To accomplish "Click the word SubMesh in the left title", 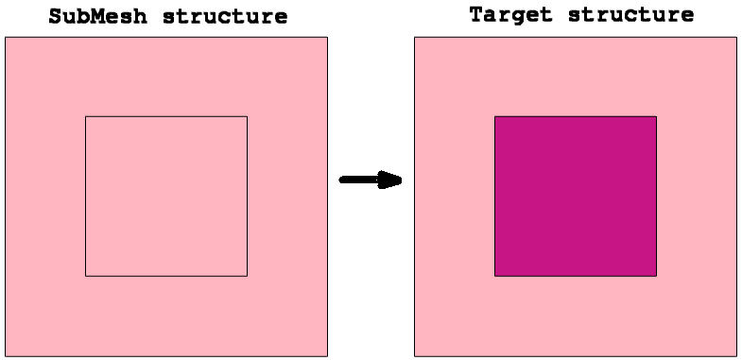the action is [97, 17].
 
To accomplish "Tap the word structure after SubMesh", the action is [225, 17].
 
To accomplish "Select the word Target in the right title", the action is [511, 15].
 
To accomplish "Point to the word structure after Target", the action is [630, 15].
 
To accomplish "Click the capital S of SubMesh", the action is [56, 17].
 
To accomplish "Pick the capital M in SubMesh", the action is [98, 17].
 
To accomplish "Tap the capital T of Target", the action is [476, 14].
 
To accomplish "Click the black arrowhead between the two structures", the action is [390, 180].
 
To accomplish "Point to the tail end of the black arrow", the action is [340, 180].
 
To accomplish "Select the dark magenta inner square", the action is [576, 196].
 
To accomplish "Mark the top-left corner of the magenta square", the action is [495, 116].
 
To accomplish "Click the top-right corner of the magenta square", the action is [656, 116].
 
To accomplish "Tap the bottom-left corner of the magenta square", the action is [495, 276].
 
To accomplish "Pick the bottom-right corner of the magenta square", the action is [656, 276].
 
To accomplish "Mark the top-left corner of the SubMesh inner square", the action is [86, 116].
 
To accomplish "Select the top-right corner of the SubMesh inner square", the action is [247, 116].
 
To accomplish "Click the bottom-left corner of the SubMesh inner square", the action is [86, 276].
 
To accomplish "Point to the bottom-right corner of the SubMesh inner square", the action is [247, 276].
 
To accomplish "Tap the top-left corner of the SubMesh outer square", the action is [6, 38].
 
